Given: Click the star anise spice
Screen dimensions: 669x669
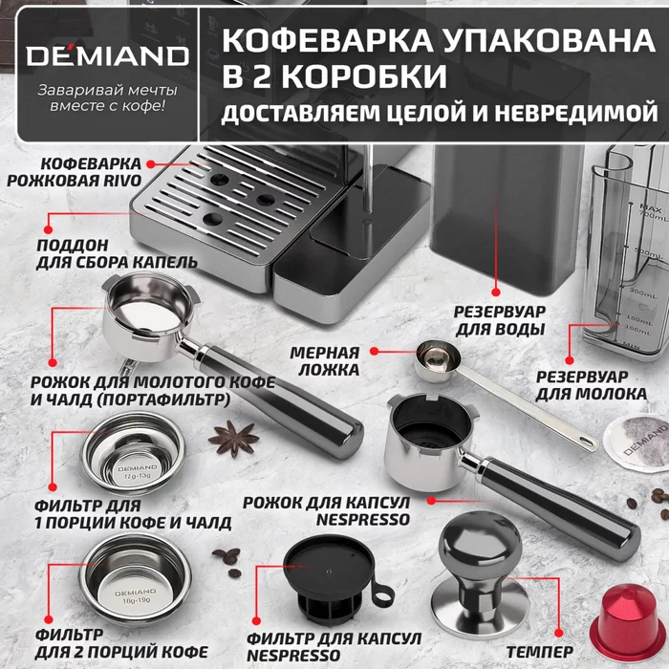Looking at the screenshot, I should click(x=233, y=439).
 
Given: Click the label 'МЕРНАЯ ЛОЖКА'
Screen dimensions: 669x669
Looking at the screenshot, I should click(x=324, y=360).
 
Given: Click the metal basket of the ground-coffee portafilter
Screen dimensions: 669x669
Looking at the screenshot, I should click(x=153, y=307).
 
